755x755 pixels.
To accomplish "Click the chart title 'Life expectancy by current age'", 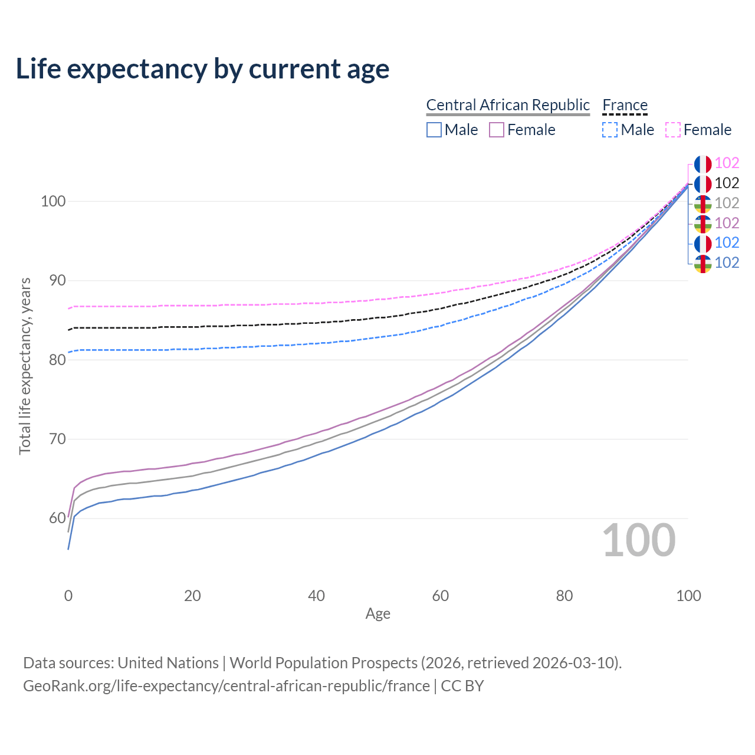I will [x=202, y=69].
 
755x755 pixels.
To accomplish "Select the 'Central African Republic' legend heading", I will [x=508, y=105].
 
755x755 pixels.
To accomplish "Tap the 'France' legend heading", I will [x=625, y=105].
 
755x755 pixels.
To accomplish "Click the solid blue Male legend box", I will [x=434, y=130].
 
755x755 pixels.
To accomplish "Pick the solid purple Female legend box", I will [x=497, y=130].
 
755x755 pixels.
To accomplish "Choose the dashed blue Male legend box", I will [x=610, y=130].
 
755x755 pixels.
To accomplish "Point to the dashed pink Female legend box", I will [x=673, y=130].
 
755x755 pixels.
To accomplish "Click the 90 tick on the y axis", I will [x=53, y=281].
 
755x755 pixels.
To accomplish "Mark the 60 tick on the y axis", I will [x=53, y=518].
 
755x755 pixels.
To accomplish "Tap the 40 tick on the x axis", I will [x=316, y=596].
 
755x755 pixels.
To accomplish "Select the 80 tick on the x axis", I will [x=564, y=596].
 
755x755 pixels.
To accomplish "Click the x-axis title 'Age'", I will [x=377, y=614].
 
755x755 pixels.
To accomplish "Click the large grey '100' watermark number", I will [x=639, y=540].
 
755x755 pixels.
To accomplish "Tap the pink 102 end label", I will [x=727, y=163].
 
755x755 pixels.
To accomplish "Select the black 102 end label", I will [x=727, y=183].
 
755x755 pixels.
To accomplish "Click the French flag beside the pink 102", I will [x=703, y=164].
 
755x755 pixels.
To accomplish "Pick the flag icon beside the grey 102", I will [x=703, y=204].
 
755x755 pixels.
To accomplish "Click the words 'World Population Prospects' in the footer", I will [x=323, y=663].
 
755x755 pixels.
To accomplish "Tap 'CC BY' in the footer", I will [x=462, y=686].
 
